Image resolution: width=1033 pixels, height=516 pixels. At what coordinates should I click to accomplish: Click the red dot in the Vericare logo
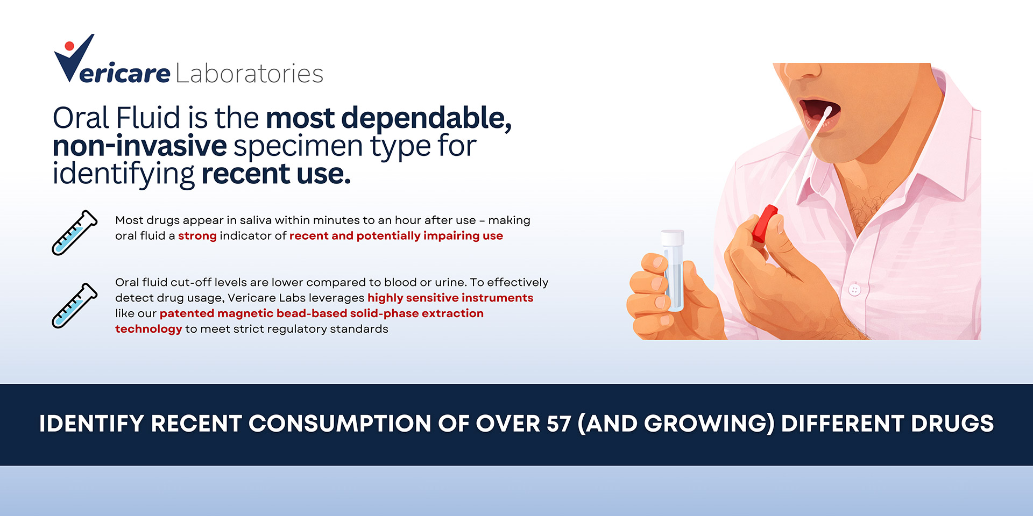[69, 46]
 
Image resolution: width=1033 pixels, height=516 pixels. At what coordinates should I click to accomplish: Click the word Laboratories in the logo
[250, 74]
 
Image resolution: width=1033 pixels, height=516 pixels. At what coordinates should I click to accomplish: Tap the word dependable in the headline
[426, 118]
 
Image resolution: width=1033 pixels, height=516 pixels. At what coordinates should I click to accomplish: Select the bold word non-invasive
[140, 146]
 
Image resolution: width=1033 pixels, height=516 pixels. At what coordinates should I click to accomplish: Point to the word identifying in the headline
[124, 174]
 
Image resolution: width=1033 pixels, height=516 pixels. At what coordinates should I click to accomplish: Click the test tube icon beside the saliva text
[75, 232]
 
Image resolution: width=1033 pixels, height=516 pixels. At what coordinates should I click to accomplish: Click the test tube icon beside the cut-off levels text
[75, 305]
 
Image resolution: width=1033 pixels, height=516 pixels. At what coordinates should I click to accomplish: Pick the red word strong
[197, 236]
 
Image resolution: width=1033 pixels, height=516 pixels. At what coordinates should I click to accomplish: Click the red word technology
[148, 329]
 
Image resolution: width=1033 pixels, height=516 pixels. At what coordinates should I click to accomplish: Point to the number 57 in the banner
[558, 424]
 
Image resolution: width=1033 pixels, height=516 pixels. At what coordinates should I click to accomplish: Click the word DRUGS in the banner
[952, 424]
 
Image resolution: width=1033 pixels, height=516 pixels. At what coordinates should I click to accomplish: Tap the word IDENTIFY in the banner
[91, 424]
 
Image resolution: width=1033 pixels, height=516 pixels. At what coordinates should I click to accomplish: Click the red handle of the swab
[765, 223]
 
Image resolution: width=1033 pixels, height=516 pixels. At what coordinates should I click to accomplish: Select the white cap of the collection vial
[673, 238]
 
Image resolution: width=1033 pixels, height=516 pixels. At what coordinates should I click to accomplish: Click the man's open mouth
[819, 112]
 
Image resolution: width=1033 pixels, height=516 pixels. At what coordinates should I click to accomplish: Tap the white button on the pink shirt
[854, 290]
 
